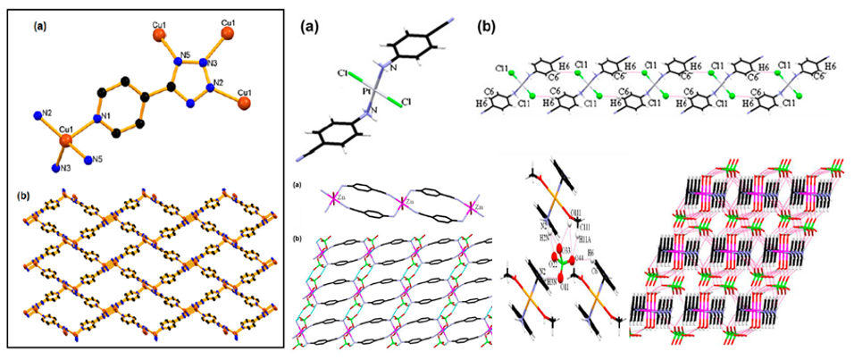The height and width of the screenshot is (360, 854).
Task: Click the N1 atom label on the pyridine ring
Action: coord(105,117)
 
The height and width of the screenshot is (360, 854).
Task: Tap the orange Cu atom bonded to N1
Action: coord(66,140)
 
